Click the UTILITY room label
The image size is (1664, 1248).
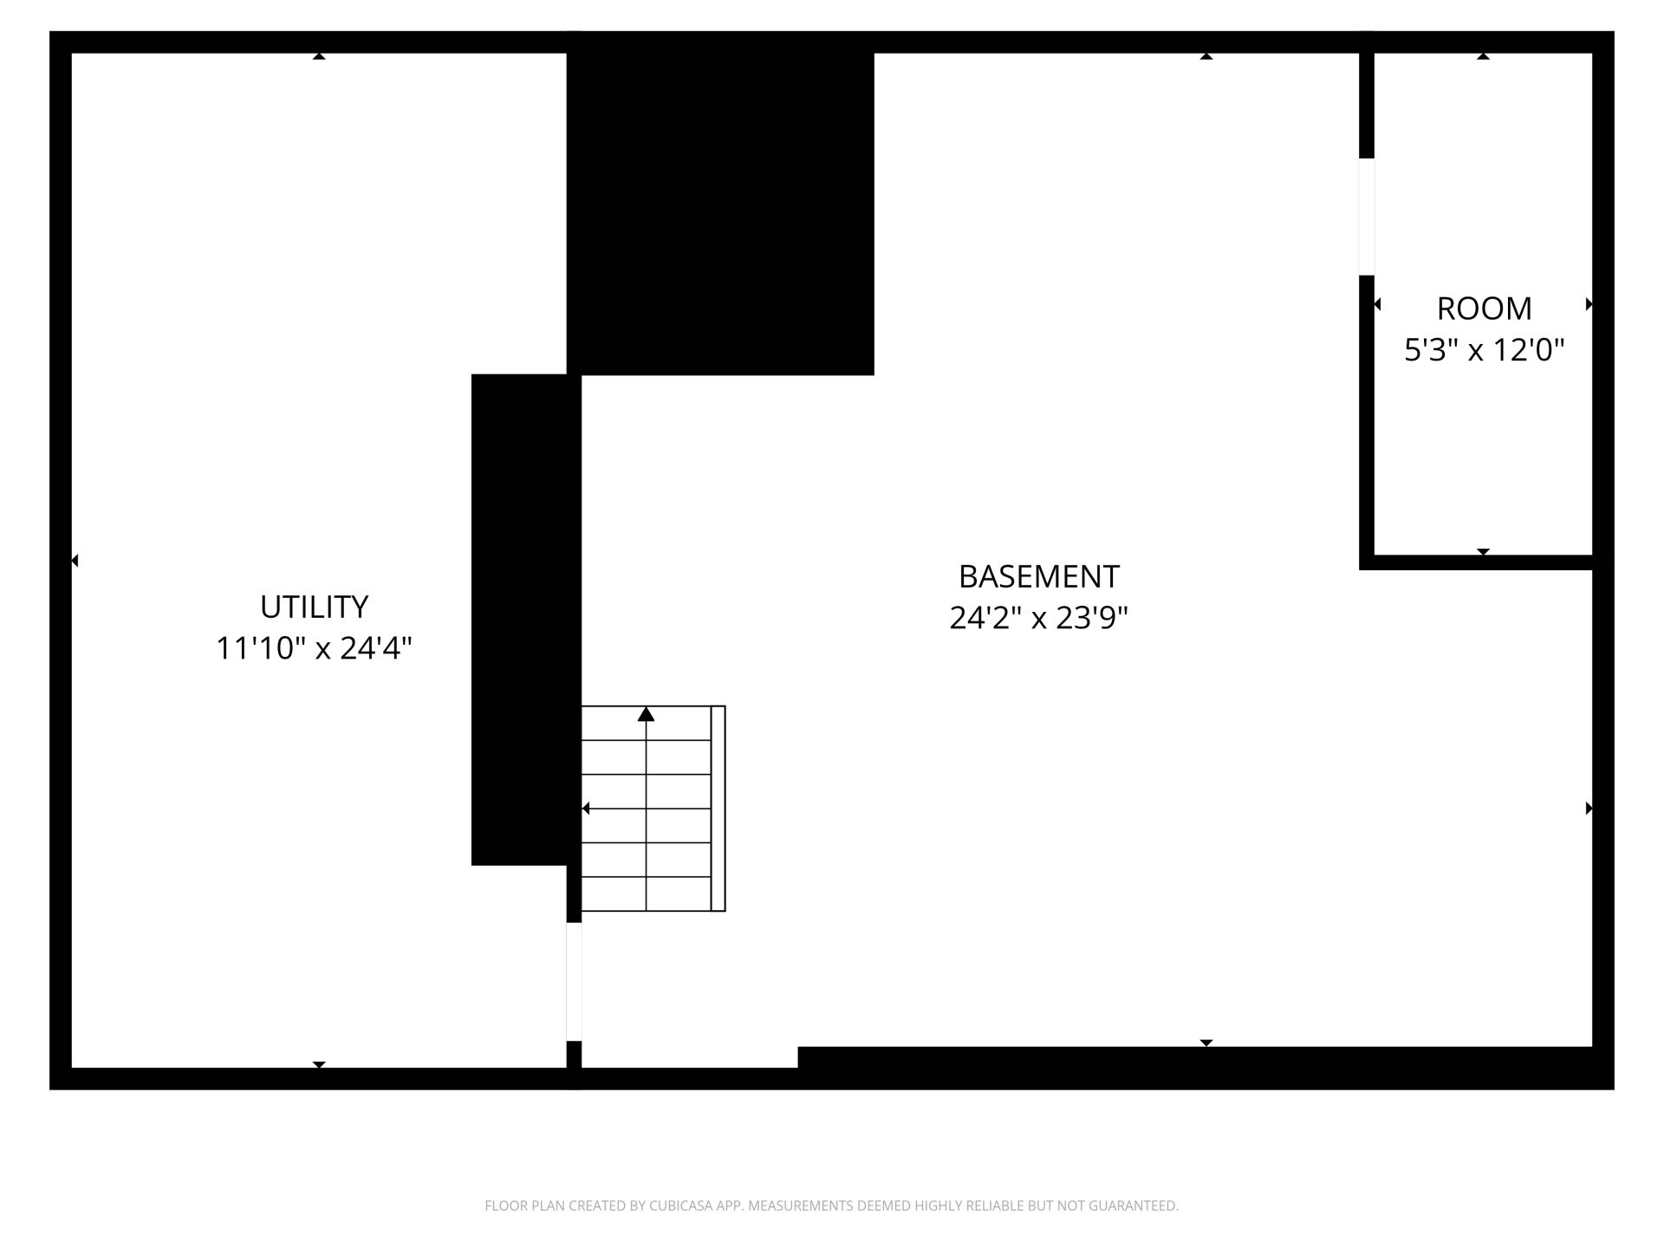tap(314, 607)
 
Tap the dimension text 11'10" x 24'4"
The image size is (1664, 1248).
tap(314, 648)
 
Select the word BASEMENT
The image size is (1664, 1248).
tap(1039, 576)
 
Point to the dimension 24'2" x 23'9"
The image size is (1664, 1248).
tap(1039, 618)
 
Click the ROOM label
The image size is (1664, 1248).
tap(1485, 309)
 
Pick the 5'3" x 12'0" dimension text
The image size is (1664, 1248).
tap(1485, 350)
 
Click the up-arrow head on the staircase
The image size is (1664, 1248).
tap(646, 714)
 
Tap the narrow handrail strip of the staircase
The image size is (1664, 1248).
tap(718, 809)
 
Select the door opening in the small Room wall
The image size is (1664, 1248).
tap(1367, 217)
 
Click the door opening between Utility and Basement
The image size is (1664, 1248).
tap(574, 982)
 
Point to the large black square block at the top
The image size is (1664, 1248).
tap(720, 204)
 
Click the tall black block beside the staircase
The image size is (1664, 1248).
tap(519, 620)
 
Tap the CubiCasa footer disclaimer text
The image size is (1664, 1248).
tap(832, 1206)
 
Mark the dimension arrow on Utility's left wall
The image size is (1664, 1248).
tap(75, 561)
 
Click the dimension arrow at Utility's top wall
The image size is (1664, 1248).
tap(319, 56)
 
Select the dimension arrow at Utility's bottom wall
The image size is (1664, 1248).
tap(319, 1064)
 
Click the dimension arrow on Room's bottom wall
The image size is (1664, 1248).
tap(1483, 551)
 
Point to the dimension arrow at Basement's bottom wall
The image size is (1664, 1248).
tap(1206, 1043)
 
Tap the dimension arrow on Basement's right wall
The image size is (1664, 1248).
tap(1589, 809)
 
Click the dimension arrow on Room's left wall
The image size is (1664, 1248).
tap(1377, 304)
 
